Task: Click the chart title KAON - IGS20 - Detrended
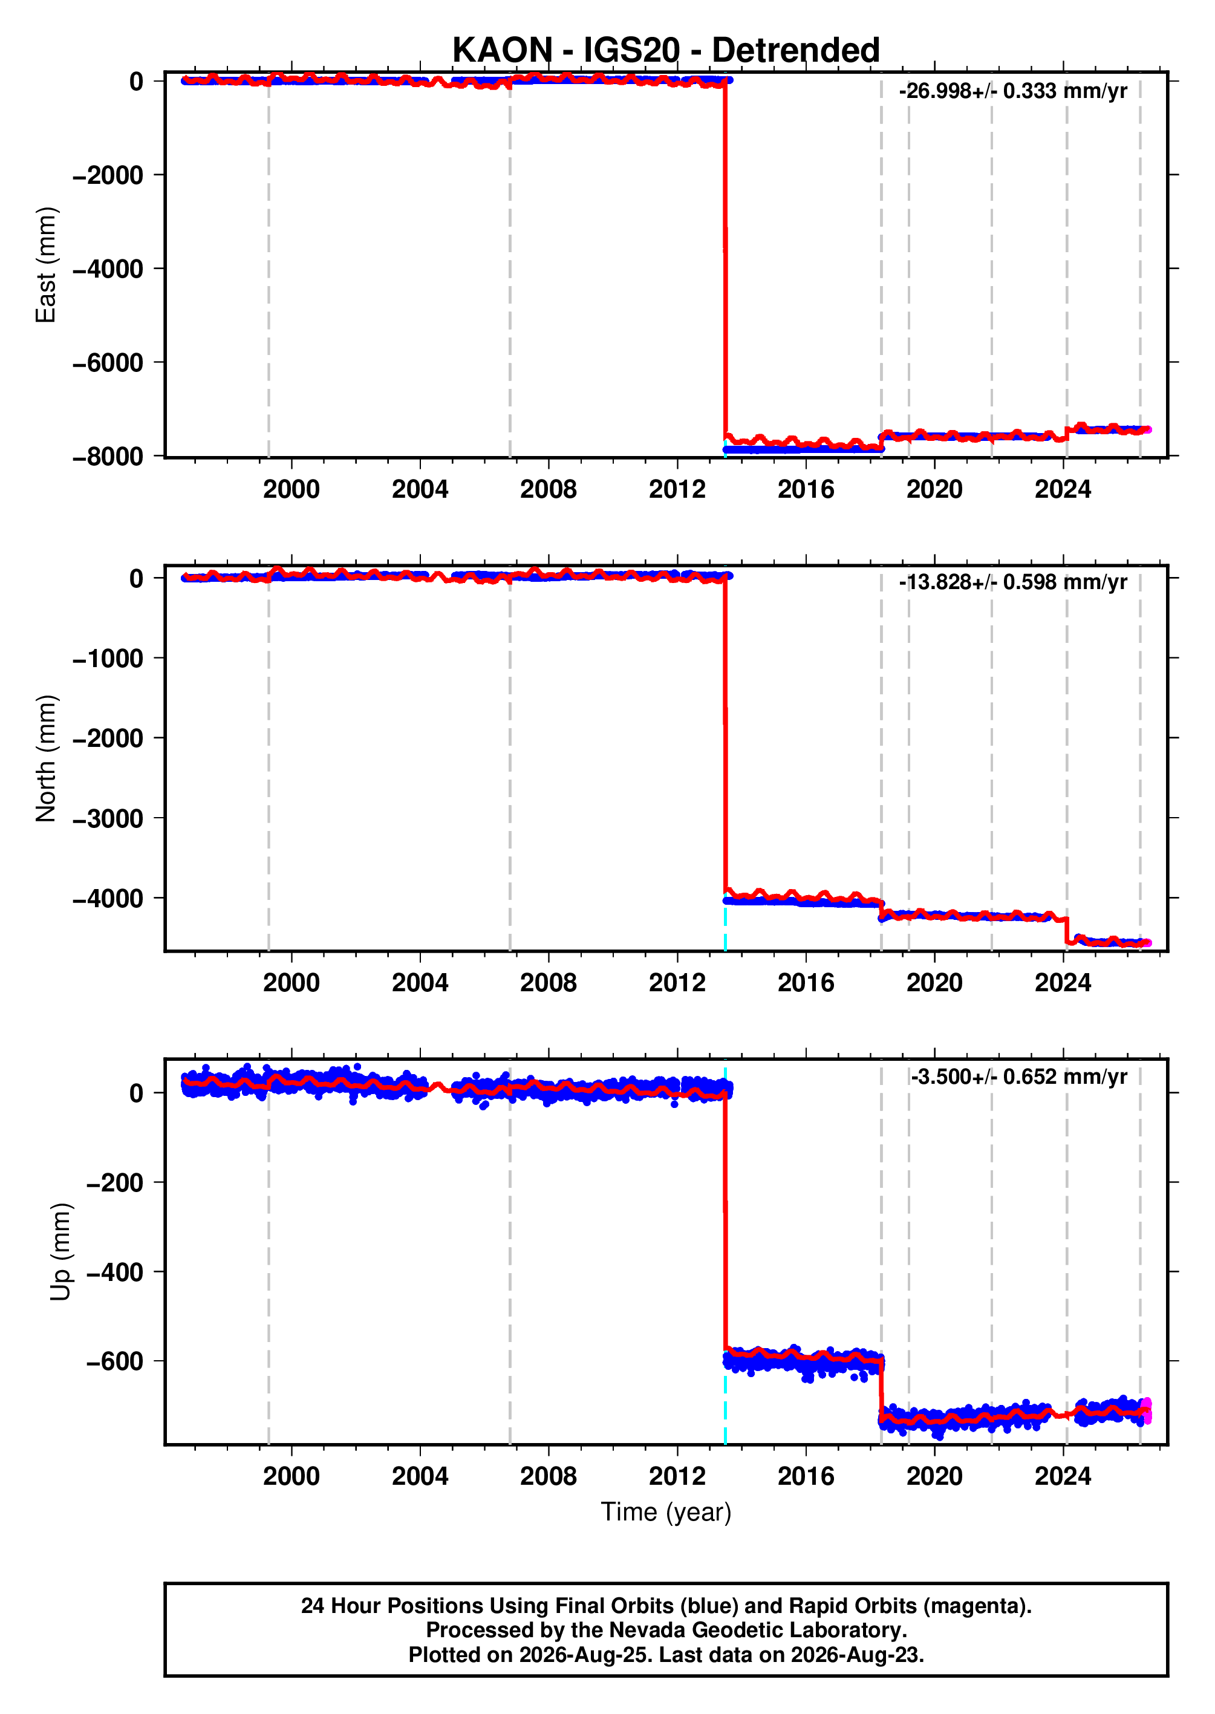click(x=666, y=50)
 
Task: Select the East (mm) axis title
click(x=45, y=265)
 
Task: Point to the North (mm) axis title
click(x=45, y=758)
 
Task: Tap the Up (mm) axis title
click(x=60, y=1252)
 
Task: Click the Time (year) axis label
click(x=666, y=1512)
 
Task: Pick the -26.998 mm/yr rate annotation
click(x=1013, y=91)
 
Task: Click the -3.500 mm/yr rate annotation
click(x=1019, y=1077)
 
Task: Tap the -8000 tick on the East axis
click(x=108, y=457)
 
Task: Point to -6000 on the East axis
click(x=108, y=363)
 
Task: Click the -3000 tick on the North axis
click(x=108, y=818)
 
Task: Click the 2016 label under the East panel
click(x=806, y=489)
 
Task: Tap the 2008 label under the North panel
click(x=549, y=982)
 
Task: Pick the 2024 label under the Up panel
click(x=1063, y=1476)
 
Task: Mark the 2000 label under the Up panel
click(x=291, y=1476)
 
